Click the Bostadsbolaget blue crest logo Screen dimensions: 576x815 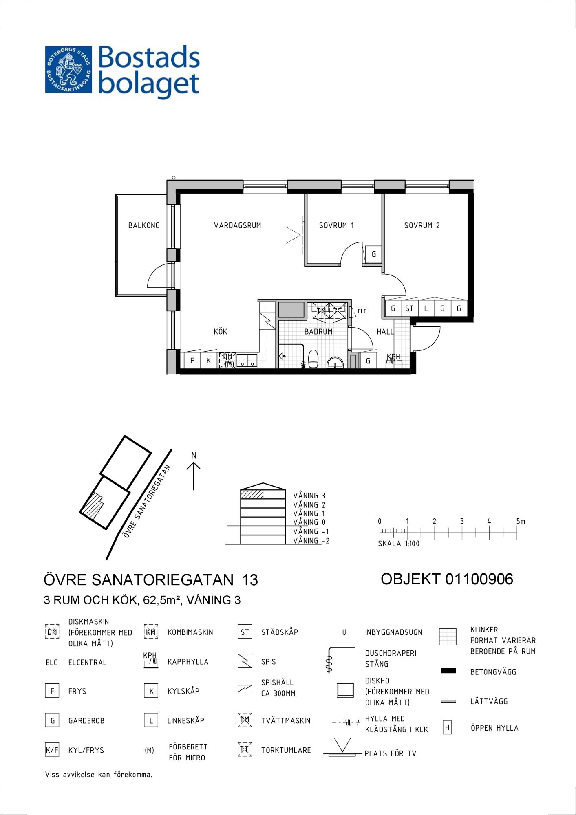(x=68, y=69)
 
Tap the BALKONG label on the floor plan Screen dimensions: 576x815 (x=144, y=225)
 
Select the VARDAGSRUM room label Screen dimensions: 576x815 (x=238, y=225)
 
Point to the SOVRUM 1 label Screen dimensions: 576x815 (x=336, y=225)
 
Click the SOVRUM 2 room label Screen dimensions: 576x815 (x=422, y=225)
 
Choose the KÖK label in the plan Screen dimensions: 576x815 (x=221, y=331)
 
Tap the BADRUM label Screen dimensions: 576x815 (x=318, y=332)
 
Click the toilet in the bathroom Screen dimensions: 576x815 (x=313, y=359)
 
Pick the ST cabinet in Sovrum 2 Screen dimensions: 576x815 (x=409, y=308)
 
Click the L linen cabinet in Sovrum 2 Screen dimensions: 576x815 (x=426, y=308)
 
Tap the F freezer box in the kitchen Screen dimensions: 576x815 (x=192, y=361)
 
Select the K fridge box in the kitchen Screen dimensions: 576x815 (x=208, y=361)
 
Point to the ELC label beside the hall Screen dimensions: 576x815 (x=362, y=311)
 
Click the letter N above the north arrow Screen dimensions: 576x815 (x=194, y=455)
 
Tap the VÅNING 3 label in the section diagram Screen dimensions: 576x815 (x=309, y=496)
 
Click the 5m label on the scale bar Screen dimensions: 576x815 (x=521, y=521)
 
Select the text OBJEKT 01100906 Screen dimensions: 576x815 (x=447, y=579)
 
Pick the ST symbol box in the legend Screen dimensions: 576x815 (x=245, y=632)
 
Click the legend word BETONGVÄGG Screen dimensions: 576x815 (x=493, y=672)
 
